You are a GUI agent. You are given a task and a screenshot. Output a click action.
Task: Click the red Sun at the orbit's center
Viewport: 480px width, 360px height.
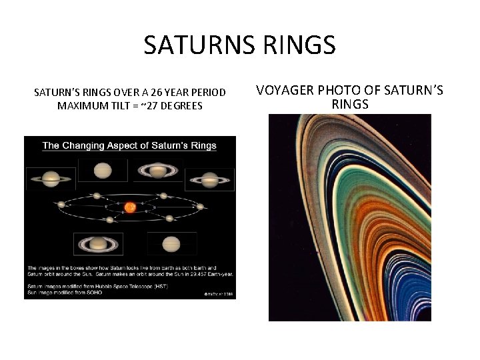coord(130,207)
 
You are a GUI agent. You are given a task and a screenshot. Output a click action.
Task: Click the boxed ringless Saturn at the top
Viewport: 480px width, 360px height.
coord(102,171)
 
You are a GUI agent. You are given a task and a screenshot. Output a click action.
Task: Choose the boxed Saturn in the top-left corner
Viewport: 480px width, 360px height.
coord(51,179)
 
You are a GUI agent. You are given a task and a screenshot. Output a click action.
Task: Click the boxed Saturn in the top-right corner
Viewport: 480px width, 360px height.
coord(209,179)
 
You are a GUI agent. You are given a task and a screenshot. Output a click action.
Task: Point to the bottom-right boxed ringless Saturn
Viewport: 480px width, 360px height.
coord(171,243)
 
